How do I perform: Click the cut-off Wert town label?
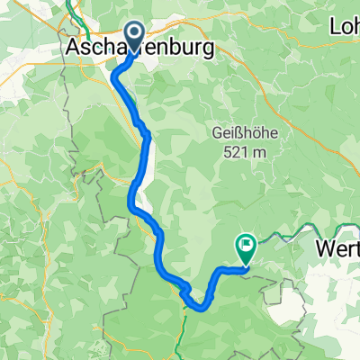click(x=338, y=248)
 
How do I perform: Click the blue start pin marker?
click(x=133, y=37)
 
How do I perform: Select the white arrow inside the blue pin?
click(x=133, y=33)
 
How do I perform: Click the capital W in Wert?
click(x=325, y=248)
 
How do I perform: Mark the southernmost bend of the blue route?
click(x=199, y=304)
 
